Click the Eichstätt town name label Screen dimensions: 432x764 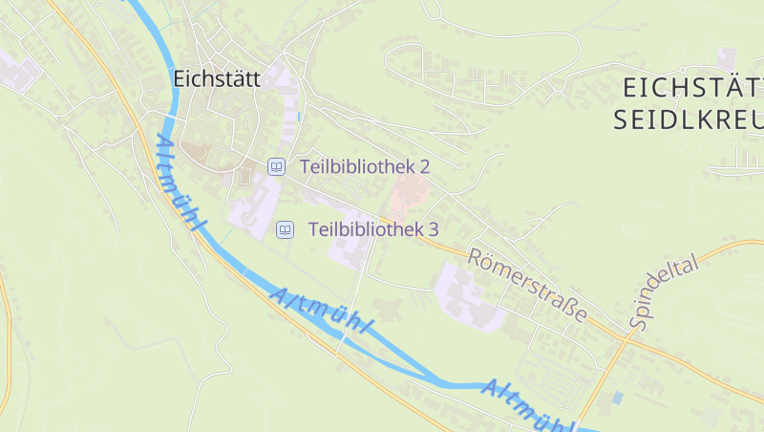[217, 79]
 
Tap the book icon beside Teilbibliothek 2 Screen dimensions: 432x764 [276, 166]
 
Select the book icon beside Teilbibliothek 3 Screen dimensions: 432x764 [285, 229]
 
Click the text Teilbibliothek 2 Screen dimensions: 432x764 [365, 166]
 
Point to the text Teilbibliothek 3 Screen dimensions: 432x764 [373, 229]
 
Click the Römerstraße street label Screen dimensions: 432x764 [526, 285]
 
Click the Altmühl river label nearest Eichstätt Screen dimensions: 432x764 [179, 183]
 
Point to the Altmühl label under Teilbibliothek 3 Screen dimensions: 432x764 [321, 312]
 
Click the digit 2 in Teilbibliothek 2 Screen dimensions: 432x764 [424, 166]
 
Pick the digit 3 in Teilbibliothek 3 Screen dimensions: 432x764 [433, 229]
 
